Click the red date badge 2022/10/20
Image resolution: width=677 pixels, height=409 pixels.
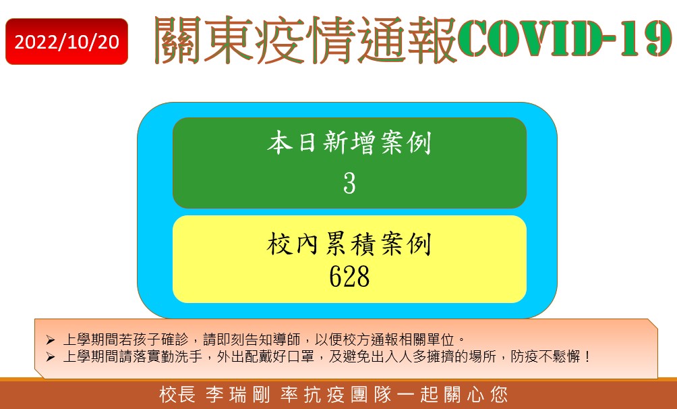[67, 41]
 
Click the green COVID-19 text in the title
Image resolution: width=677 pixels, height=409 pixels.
[564, 38]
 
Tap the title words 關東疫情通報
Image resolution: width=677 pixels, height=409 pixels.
[305, 40]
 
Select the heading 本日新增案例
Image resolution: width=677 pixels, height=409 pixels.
[349, 142]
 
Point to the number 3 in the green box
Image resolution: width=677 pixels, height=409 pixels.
[349, 184]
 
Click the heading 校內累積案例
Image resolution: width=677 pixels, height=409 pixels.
[349, 244]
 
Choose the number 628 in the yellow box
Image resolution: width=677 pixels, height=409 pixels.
[349, 276]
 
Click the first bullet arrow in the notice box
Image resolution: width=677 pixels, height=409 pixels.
[51, 340]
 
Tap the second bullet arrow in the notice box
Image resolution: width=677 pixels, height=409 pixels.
[51, 357]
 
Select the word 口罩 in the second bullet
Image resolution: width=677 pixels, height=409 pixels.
[300, 356]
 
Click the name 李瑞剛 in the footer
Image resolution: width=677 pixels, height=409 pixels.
[238, 395]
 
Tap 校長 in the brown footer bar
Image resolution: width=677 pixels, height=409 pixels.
[177, 395]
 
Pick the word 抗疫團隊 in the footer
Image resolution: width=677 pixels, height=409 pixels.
[347, 395]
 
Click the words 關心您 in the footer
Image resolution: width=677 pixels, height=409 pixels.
[477, 395]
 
